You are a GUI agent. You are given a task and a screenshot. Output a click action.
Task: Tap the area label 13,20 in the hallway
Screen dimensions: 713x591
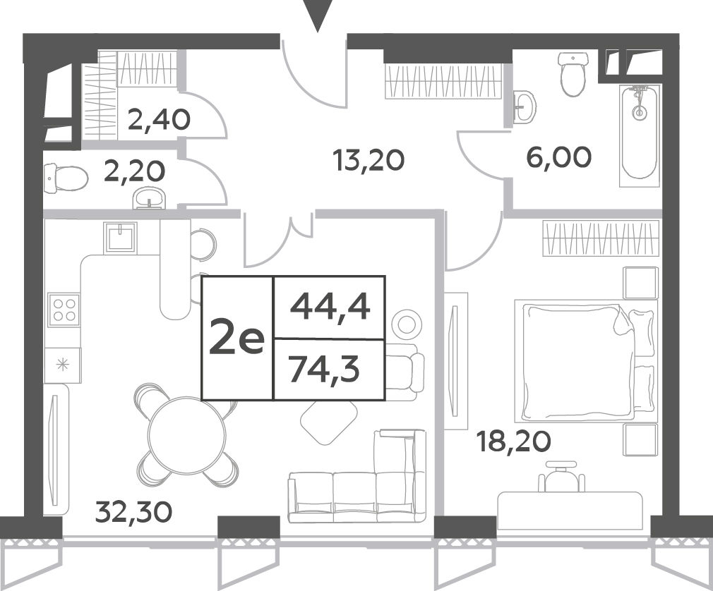point(369,161)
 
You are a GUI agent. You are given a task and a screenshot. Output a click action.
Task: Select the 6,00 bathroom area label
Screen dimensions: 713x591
point(559,157)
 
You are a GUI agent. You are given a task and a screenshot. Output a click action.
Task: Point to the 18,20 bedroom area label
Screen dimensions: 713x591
point(513,441)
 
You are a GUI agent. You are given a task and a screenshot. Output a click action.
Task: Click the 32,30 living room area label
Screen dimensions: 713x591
point(134,512)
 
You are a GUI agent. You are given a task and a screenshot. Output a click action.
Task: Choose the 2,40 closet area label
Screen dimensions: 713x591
point(159,119)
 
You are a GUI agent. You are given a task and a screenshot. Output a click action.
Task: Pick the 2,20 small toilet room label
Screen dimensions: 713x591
point(135,171)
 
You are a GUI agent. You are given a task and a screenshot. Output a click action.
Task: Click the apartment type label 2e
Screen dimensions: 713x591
point(236,338)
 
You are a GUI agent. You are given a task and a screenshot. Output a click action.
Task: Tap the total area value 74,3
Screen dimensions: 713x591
point(324,370)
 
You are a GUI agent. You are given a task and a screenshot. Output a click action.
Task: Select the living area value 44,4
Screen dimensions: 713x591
point(330,307)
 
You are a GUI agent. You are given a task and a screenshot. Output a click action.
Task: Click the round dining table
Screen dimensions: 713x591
point(187,434)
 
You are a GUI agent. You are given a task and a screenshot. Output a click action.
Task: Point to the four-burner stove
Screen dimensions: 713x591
point(64,308)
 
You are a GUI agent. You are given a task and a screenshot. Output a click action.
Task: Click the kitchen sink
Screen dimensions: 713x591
point(120,237)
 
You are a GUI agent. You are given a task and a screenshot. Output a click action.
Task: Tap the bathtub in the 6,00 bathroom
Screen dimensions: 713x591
point(640,135)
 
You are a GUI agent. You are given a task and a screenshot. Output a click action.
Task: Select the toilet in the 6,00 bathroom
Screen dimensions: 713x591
point(573,73)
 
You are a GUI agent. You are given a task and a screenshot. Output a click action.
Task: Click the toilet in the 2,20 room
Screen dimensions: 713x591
point(66,178)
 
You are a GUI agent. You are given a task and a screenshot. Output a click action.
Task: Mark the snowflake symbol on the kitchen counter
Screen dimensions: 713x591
point(62,365)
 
